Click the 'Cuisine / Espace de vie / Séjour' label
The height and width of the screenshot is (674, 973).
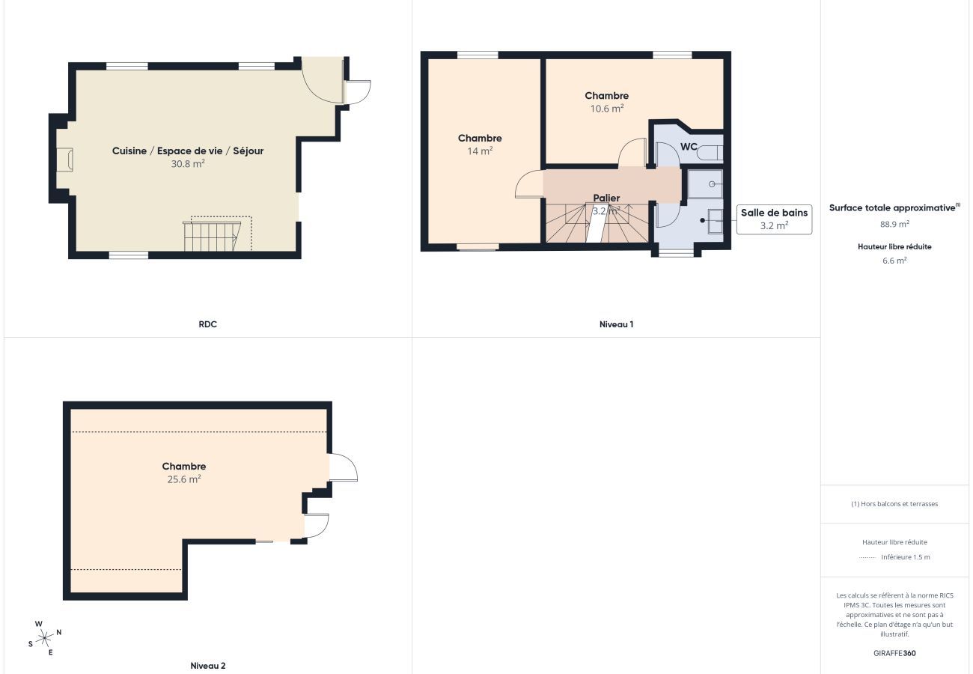(188, 151)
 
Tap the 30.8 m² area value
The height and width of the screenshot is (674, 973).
(188, 163)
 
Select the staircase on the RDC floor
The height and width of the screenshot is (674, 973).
(210, 236)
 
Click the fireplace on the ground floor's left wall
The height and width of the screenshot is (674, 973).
(65, 160)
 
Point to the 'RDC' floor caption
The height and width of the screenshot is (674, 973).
(207, 324)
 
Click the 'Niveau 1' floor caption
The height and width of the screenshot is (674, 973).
(616, 324)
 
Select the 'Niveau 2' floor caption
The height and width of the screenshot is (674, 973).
(207, 665)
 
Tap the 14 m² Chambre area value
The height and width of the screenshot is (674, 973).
(480, 151)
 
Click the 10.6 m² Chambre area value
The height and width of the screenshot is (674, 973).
(606, 109)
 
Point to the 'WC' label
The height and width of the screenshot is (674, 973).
(689, 146)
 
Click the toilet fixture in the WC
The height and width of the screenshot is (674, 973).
(710, 153)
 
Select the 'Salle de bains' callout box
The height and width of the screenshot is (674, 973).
(774, 219)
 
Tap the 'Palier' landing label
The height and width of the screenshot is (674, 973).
(606, 198)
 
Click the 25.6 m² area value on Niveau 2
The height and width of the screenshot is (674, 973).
(184, 479)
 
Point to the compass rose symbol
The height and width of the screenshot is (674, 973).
(45, 638)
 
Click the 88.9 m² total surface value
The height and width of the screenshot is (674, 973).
(894, 224)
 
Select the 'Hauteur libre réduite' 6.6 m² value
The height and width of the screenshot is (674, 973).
(894, 261)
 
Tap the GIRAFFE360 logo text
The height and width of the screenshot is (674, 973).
(894, 653)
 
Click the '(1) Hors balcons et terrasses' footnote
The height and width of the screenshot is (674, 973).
(894, 504)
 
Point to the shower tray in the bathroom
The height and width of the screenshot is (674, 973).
(705, 183)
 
